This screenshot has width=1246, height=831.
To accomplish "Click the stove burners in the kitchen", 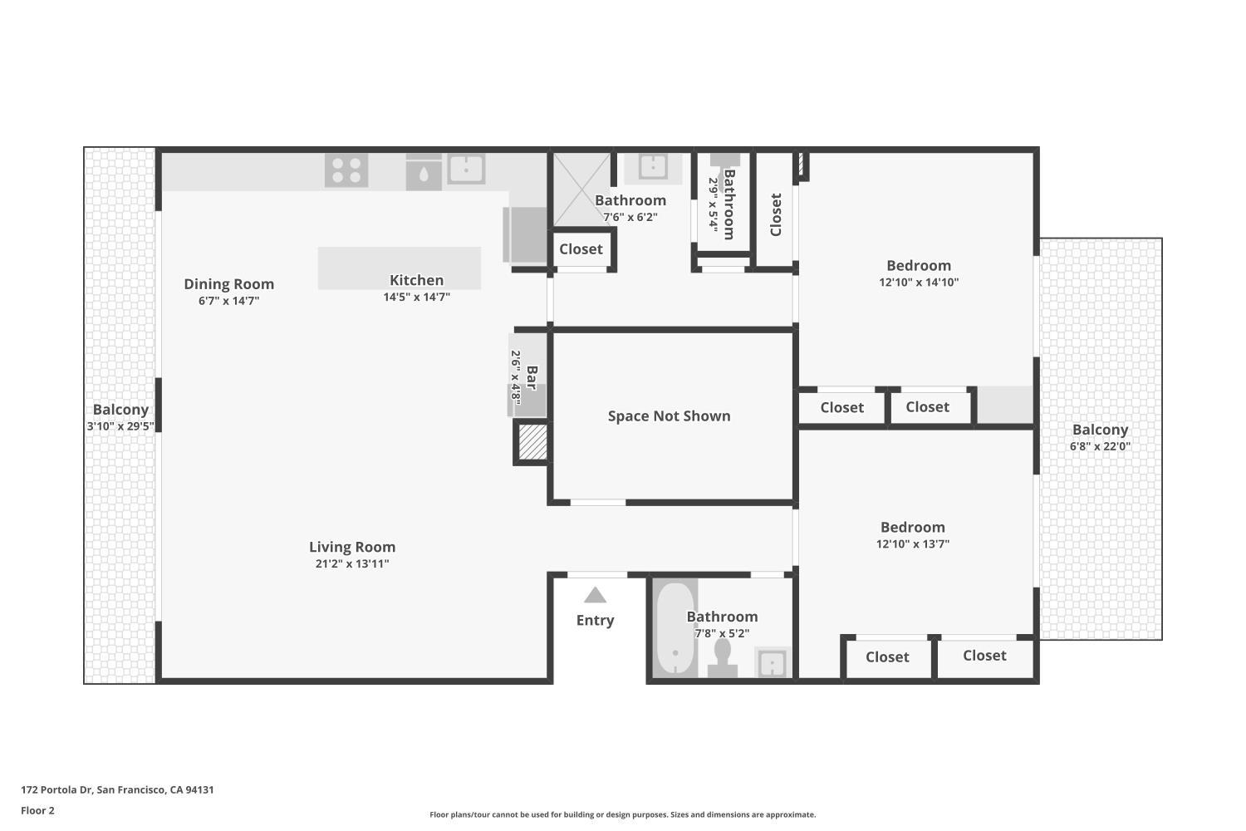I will point(346,170).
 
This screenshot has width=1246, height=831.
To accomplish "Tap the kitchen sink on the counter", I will point(466,169).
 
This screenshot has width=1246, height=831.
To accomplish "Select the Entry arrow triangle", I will point(595,595).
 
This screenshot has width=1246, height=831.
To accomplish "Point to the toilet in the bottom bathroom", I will point(723,656).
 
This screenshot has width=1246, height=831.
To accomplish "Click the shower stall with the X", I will point(581,189).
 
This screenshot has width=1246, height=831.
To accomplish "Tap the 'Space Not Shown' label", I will point(669,416).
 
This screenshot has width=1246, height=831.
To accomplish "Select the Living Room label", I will point(352,547).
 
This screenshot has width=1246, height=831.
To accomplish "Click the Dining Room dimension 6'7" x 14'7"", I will point(228,301).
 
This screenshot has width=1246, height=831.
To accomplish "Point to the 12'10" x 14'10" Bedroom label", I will point(918,266).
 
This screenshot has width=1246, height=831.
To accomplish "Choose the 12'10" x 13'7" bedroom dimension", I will point(912,544).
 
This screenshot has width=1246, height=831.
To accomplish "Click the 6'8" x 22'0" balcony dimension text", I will point(1100,446).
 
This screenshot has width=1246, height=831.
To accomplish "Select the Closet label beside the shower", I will point(581,249).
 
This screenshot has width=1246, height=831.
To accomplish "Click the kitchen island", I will point(399,268).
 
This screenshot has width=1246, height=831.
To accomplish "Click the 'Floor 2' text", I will point(37,810).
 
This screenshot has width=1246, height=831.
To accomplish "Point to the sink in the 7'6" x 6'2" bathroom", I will point(652,167).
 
